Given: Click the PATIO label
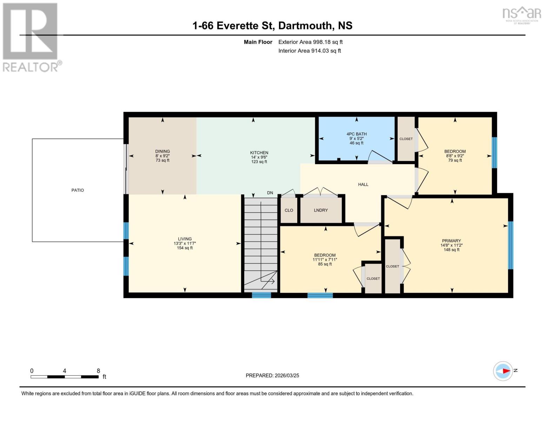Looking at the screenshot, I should [78, 190].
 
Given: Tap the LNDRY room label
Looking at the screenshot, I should [321, 210].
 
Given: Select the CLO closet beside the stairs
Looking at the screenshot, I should [289, 210].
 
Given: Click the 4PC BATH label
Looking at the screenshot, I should [357, 134].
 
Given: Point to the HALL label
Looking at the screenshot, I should [363, 185].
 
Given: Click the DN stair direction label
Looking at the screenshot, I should [270, 193].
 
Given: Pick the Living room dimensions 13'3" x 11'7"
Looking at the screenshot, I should [185, 243].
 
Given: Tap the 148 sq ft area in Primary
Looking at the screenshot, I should [451, 250].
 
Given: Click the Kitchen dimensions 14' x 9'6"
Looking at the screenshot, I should [259, 157].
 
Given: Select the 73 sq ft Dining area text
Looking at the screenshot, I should [162, 160].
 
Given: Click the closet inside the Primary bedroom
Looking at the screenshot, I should [392, 266].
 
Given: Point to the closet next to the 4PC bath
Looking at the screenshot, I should [406, 139].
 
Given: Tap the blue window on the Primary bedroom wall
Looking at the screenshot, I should [511, 245].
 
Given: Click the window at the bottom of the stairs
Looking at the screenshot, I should [261, 295].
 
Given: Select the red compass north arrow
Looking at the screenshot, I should [506, 371].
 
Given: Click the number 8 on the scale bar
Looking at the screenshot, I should [98, 371].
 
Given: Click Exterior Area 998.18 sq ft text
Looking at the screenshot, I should [310, 42].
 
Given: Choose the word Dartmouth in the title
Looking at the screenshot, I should [305, 26].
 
